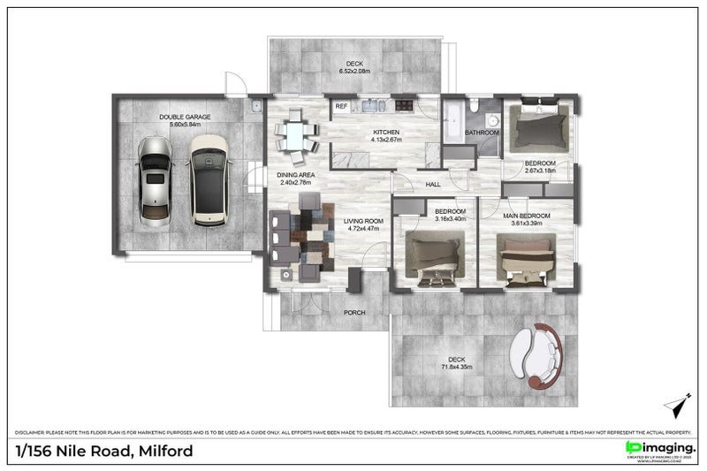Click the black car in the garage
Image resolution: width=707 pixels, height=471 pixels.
tap(207, 183)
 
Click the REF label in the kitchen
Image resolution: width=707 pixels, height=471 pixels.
tap(340, 107)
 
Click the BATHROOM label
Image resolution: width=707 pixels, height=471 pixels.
tap(483, 133)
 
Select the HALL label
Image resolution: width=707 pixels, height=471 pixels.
tap(433, 185)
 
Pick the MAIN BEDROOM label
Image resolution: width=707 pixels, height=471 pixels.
tap(527, 216)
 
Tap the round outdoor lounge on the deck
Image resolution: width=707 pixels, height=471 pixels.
tap(537, 353)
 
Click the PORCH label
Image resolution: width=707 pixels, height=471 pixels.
tap(353, 313)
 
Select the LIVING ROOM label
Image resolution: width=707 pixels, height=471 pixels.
tap(363, 222)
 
